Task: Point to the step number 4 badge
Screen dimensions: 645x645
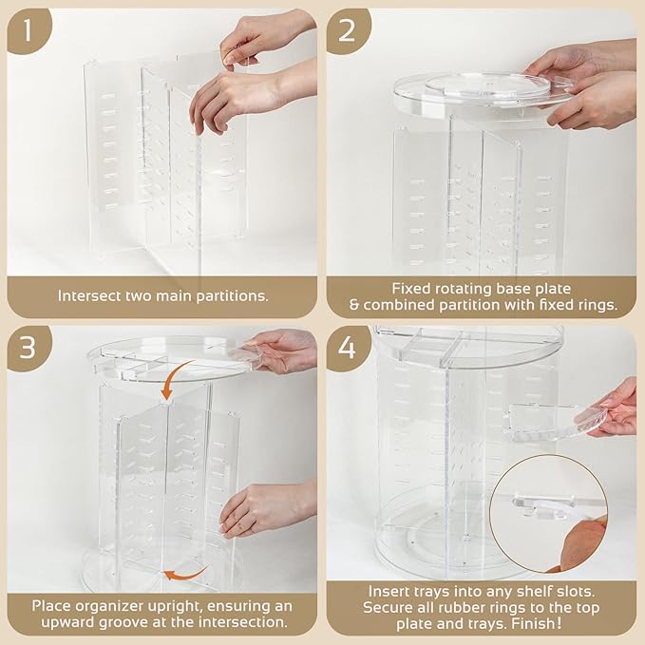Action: pos(346,348)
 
